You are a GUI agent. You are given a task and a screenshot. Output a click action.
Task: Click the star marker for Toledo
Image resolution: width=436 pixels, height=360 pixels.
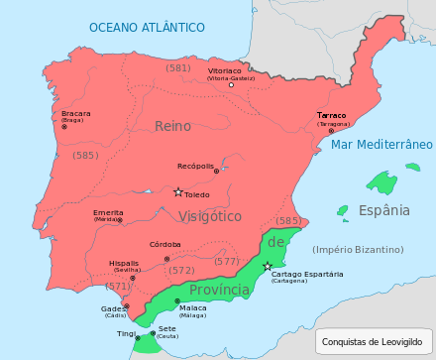click(178, 192)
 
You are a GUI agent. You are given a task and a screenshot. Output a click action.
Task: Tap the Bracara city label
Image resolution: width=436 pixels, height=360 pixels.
click(75, 114)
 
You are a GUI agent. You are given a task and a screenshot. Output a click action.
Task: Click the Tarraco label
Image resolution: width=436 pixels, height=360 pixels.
click(331, 116)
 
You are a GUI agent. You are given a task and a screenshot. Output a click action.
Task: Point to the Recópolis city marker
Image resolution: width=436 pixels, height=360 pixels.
click(215, 172)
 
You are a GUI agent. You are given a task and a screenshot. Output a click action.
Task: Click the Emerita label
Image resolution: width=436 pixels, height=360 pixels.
click(108, 212)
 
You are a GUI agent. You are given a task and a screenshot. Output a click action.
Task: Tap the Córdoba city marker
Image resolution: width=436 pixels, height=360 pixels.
click(166, 258)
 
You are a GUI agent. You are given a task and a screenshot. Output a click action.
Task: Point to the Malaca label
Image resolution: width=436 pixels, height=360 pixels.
click(193, 307)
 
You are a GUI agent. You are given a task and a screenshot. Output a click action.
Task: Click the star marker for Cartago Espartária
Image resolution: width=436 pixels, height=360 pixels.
click(268, 266)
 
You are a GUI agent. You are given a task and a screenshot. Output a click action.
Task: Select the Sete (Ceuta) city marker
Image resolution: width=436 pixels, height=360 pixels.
click(153, 333)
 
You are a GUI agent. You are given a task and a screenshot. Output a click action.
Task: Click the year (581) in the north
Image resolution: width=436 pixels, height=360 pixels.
click(178, 67)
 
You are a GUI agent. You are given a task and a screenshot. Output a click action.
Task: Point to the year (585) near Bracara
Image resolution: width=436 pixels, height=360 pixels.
click(86, 156)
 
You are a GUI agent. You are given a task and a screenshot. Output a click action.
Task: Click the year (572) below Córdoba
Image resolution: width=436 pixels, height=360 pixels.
click(181, 270)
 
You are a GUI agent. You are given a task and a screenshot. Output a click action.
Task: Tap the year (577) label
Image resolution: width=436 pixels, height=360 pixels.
click(227, 262)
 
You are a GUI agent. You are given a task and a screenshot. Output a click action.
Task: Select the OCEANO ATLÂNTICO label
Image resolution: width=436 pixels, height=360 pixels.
click(148, 27)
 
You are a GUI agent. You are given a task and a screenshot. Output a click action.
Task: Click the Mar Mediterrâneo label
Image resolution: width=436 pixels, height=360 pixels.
click(381, 145)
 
